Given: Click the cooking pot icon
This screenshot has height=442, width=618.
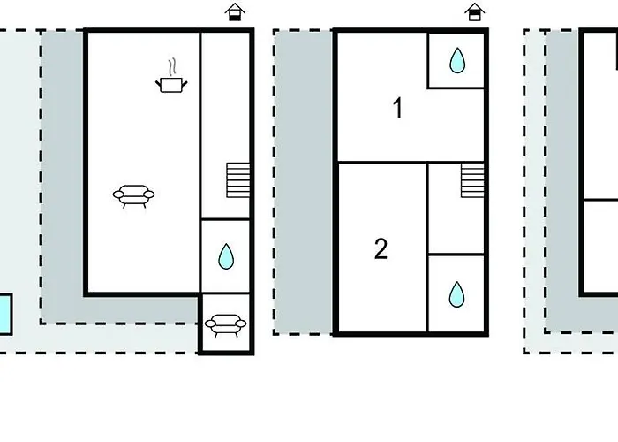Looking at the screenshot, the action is (171, 85).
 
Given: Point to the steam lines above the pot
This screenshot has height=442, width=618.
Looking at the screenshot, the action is (171, 67).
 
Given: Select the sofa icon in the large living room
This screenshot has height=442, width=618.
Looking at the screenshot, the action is (133, 195).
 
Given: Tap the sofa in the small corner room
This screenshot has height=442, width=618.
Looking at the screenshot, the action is (225, 325).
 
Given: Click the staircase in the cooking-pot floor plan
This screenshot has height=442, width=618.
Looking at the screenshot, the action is (238, 180).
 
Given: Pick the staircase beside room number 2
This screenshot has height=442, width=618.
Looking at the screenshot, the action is (472, 180).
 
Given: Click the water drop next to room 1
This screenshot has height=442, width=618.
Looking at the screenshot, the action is (457, 60).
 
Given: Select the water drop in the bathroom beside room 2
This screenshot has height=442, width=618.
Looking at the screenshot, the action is (456, 294).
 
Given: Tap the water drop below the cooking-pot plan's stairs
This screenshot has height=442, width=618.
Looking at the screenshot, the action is (226, 256).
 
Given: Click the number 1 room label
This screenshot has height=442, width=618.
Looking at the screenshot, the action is (398, 108).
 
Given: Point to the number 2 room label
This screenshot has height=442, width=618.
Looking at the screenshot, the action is (381, 249).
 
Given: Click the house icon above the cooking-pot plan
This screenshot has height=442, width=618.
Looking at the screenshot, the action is (235, 11).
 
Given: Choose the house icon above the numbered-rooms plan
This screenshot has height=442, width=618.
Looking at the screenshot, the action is (475, 11).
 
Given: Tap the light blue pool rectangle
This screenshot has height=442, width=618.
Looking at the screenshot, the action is (5, 314).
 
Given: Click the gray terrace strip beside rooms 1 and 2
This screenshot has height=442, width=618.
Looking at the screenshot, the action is (304, 182).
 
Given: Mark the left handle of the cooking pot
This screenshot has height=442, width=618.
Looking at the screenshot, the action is (158, 84).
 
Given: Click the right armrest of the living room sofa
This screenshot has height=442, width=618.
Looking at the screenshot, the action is (149, 194).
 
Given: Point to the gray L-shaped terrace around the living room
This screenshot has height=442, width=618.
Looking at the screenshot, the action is (63, 178).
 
